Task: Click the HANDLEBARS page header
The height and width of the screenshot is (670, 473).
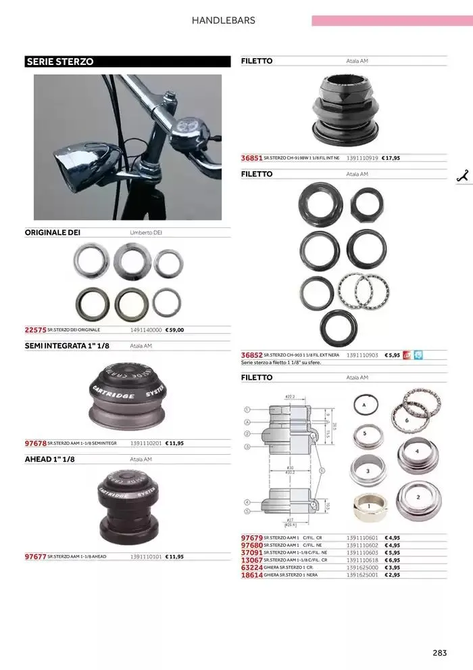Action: click(223, 20)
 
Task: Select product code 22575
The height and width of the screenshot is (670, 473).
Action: click(35, 330)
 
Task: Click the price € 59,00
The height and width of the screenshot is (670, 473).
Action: click(174, 330)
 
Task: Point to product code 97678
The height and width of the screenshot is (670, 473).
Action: click(35, 443)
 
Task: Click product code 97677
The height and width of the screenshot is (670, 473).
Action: click(35, 556)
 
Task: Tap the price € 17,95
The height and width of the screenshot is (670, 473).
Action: click(391, 158)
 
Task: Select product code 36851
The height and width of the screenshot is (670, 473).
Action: click(251, 158)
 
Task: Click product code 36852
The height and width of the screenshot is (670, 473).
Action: click(251, 355)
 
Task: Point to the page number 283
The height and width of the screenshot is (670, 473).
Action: click(439, 653)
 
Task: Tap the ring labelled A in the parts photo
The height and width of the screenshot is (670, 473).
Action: click(364, 405)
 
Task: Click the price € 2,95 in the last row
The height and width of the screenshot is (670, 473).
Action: click(392, 575)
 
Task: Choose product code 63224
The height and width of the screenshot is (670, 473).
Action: click(251, 567)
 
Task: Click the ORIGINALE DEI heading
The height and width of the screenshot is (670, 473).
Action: click(52, 232)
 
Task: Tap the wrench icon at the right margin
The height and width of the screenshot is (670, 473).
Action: click(463, 175)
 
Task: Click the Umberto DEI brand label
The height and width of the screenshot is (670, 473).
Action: click(146, 232)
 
